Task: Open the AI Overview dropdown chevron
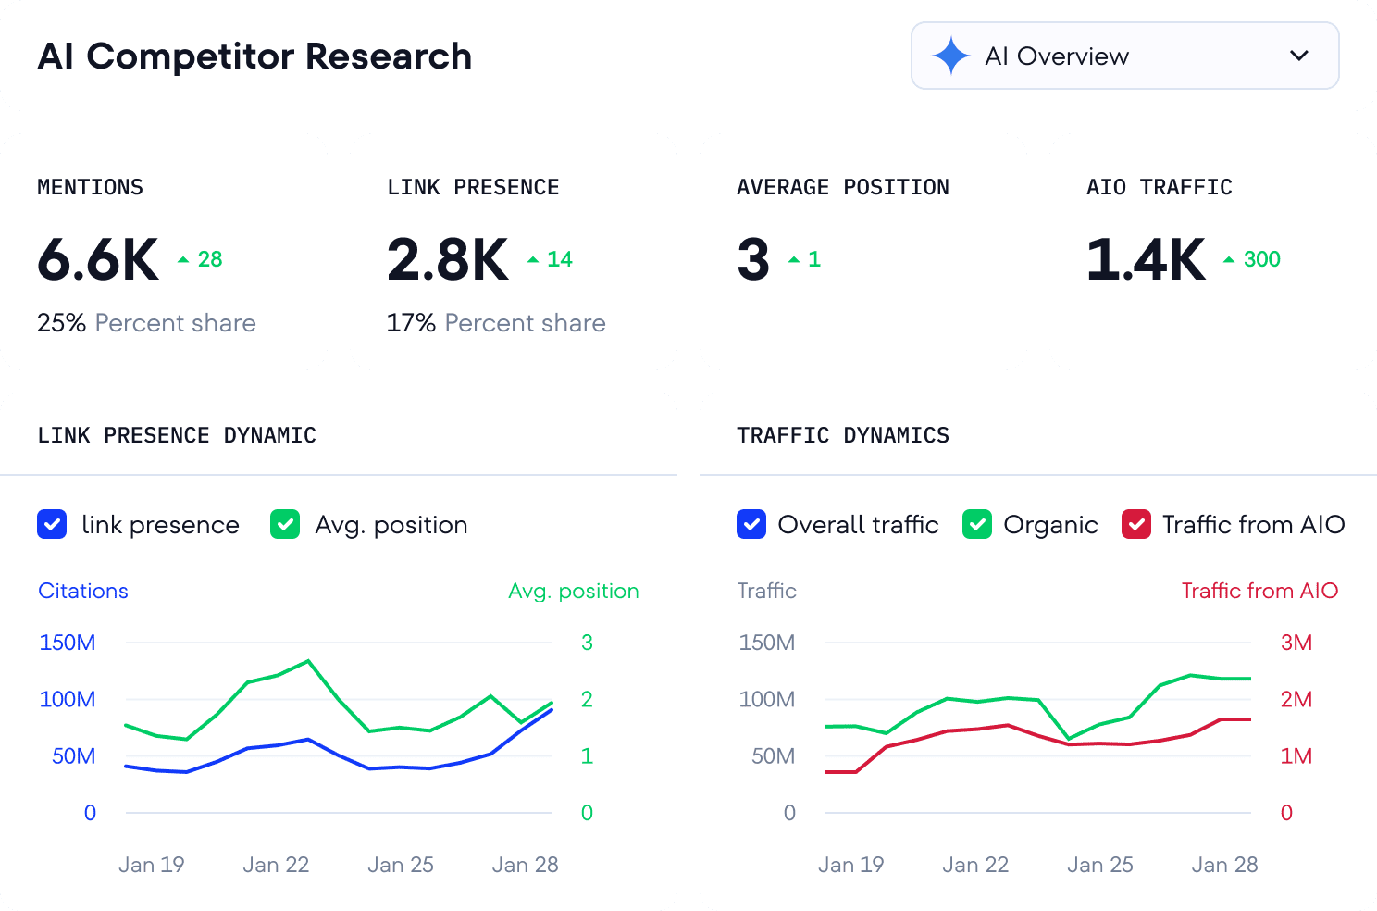(x=1298, y=56)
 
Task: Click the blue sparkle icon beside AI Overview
(x=950, y=56)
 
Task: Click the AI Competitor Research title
(x=254, y=56)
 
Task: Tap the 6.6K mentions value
(x=98, y=260)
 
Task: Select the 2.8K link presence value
(x=448, y=260)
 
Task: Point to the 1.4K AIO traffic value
(x=1146, y=260)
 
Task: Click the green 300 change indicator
(x=1260, y=260)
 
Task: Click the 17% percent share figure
(x=411, y=323)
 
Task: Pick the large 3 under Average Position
(x=753, y=260)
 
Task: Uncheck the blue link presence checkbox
(x=52, y=525)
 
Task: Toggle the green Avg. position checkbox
(x=285, y=525)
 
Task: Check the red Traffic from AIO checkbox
(x=1136, y=525)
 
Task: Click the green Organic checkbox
(x=977, y=525)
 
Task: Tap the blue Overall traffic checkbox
(x=751, y=525)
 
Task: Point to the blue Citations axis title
(x=83, y=591)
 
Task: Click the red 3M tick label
(x=1296, y=643)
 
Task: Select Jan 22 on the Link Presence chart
(x=276, y=865)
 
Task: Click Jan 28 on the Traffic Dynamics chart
(x=1224, y=865)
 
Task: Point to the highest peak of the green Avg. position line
(x=308, y=661)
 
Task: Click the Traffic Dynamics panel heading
(x=842, y=435)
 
